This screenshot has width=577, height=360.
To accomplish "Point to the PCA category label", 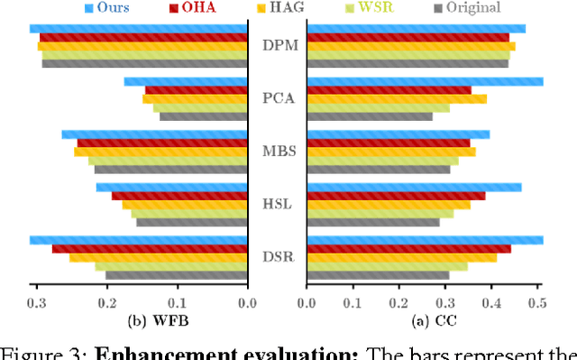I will [x=277, y=98].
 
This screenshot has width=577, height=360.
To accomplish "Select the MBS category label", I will [x=277, y=151].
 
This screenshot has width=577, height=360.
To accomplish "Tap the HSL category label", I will [x=277, y=204].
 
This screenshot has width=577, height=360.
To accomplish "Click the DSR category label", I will [x=277, y=257].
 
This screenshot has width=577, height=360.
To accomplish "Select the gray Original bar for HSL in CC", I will [x=373, y=222].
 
